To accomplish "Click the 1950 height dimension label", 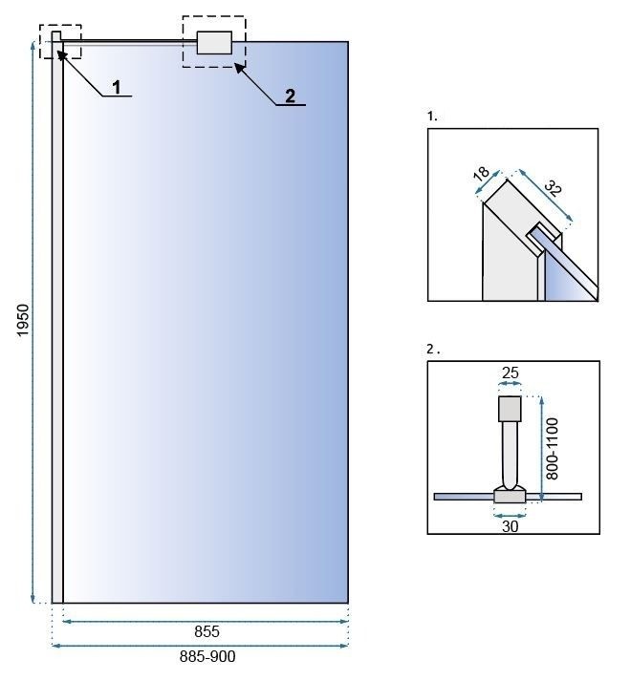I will coord(24,322).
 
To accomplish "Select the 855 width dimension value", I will coord(206,631).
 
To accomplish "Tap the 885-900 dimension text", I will coord(206,657).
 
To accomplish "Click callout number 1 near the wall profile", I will coord(117,87).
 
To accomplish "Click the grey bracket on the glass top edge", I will coord(214,43).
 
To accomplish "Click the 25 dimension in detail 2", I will coord(511,372).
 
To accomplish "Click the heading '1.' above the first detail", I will coord(432,116).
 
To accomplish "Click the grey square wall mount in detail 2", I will coord(511,409).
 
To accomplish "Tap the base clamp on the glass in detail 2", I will coord(509,495).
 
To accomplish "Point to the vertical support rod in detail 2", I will coord(510,454).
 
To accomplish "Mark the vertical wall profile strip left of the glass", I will coord(57,325).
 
